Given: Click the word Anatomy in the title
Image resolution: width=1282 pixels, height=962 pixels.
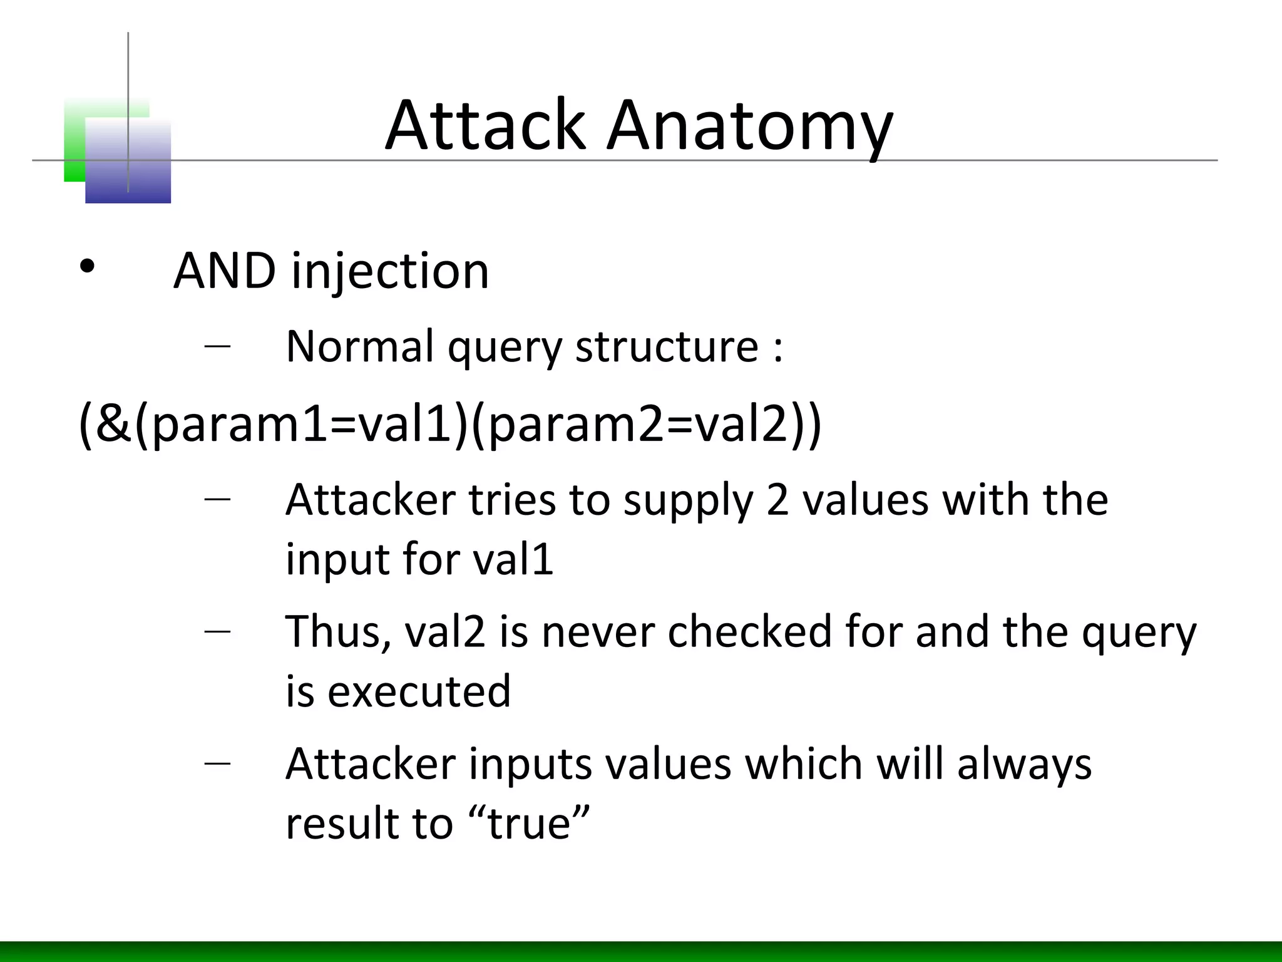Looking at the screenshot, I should [x=749, y=128].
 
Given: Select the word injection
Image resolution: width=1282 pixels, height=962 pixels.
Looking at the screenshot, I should [x=389, y=273].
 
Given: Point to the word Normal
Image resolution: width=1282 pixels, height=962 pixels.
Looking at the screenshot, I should [x=359, y=346].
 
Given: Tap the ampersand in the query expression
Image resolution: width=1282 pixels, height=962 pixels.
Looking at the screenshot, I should [x=114, y=424].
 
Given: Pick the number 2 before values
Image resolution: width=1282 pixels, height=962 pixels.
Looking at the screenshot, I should [x=777, y=500].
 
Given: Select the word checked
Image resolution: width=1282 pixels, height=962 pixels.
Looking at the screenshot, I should [x=749, y=631].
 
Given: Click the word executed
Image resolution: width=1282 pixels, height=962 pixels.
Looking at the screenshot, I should [x=419, y=691].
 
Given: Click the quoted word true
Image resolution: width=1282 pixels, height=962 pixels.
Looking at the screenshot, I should [x=529, y=823].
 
